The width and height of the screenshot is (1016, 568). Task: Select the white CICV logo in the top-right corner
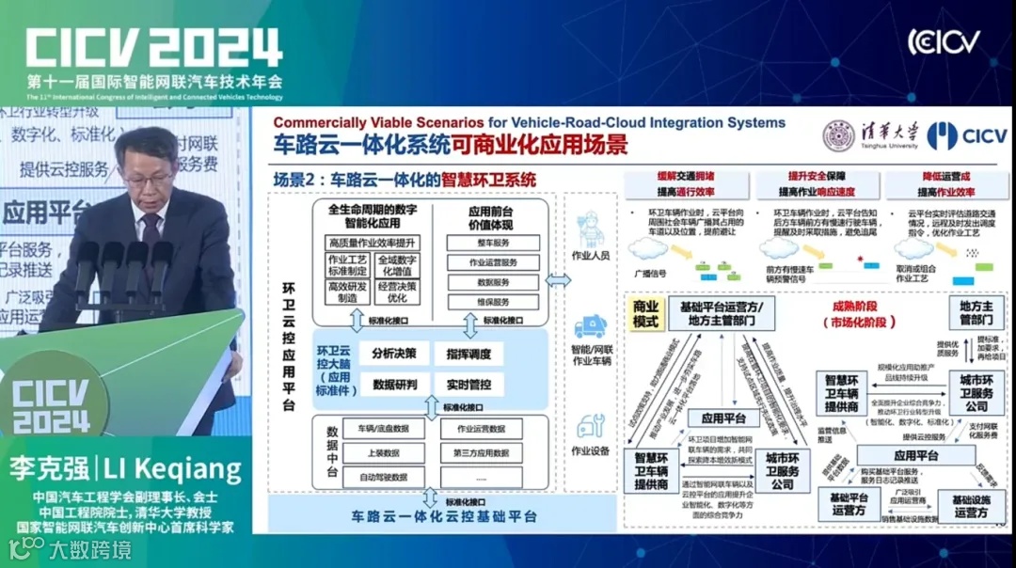point(944,42)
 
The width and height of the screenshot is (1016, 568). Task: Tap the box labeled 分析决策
point(395,354)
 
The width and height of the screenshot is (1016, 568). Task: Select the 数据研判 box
point(395,384)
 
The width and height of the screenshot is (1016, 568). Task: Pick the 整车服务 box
point(492,243)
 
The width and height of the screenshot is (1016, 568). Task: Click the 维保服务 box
point(492,303)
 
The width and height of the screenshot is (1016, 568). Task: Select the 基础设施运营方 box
point(970,506)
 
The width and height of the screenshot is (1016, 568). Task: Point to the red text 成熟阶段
point(856,307)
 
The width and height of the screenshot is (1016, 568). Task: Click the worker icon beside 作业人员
point(592,228)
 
